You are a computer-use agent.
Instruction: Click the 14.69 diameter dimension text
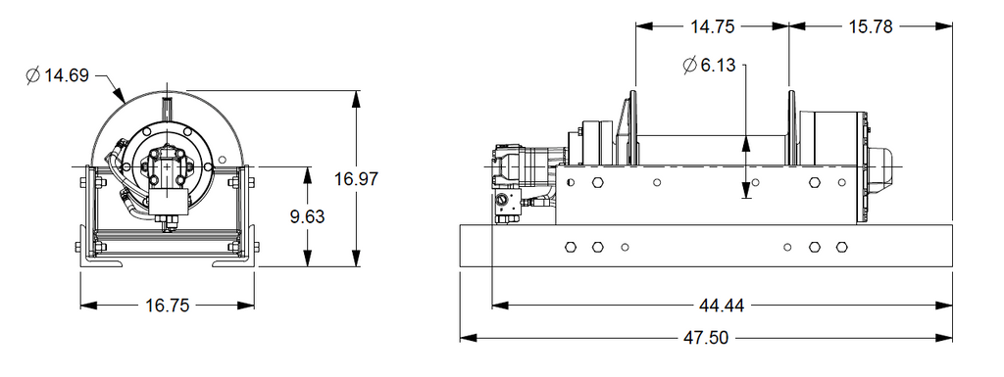(66, 76)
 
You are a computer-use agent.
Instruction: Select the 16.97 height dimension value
(357, 179)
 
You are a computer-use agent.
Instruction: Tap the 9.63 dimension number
(307, 217)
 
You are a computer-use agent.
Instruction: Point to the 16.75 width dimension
(168, 306)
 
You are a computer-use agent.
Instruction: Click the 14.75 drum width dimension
(712, 26)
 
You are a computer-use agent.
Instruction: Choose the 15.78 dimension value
(871, 26)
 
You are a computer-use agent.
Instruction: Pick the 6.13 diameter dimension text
(719, 66)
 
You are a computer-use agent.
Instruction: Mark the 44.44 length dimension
(723, 306)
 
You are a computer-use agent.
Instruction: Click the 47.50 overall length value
(706, 338)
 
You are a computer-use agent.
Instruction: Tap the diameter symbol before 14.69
(33, 76)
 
